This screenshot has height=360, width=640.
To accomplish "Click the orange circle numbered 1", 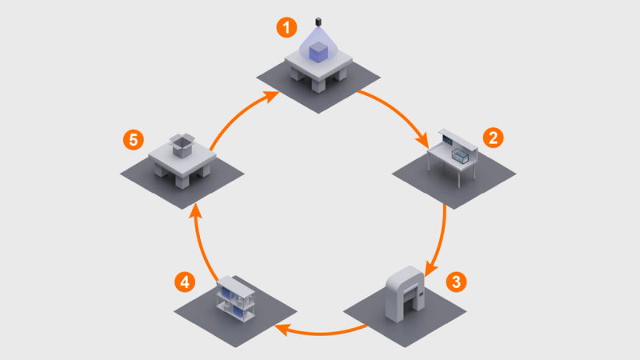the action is click(x=286, y=27).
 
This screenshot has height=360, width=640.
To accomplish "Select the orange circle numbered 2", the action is click(x=493, y=138).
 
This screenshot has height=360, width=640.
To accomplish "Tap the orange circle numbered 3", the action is click(x=456, y=282).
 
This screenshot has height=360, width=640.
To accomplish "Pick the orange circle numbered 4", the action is click(x=185, y=282).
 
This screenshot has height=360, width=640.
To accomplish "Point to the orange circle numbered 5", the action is click(x=134, y=140).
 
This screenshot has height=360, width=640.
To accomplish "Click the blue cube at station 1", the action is click(x=318, y=52).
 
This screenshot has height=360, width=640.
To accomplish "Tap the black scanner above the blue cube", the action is click(x=318, y=22).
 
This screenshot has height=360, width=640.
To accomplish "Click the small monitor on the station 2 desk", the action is click(x=447, y=140).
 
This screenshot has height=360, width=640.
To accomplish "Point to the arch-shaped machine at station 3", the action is click(x=406, y=293).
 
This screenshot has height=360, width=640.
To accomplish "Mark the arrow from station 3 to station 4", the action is click(x=321, y=333).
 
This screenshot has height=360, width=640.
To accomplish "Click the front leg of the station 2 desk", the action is click(x=459, y=177).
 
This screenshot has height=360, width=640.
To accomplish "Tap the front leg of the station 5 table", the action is click(x=181, y=180).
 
